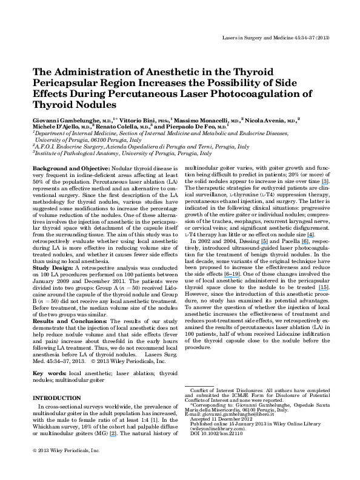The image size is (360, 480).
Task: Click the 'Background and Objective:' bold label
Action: (72, 168)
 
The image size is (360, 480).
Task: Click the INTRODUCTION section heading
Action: (57, 398)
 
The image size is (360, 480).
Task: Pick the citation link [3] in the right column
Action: (325, 182)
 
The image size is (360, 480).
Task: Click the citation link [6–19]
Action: (232, 274)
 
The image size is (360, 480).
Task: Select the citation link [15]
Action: (324, 287)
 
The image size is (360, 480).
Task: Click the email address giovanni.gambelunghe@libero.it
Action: (238, 414)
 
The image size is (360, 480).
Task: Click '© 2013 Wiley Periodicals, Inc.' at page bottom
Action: (66, 451)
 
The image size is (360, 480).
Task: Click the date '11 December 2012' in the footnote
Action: (232, 419)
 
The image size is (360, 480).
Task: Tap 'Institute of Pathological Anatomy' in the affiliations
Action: (77, 153)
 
